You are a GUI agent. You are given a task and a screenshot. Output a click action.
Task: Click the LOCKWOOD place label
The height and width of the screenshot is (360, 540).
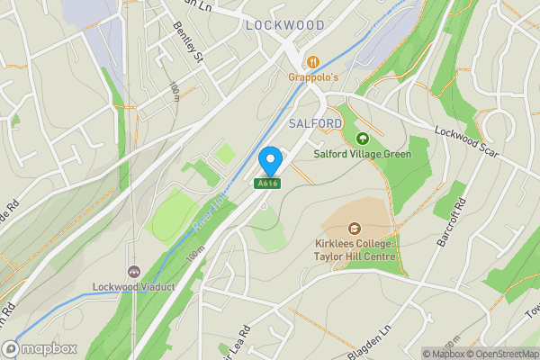(283, 26)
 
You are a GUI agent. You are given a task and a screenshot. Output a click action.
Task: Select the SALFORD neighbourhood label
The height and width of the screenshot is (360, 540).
(315, 122)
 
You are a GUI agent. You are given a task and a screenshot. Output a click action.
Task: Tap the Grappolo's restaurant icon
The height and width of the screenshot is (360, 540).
(313, 62)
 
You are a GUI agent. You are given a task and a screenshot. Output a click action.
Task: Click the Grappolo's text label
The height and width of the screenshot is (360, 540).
(313, 77)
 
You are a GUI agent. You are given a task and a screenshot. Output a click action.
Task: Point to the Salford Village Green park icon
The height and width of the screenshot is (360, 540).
(362, 139)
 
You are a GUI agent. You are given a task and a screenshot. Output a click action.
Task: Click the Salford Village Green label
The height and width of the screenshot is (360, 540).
(362, 154)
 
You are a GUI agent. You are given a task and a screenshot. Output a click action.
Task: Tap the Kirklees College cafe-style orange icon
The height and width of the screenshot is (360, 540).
(354, 229)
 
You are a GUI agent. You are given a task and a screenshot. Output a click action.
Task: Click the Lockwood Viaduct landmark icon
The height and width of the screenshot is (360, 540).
(134, 272)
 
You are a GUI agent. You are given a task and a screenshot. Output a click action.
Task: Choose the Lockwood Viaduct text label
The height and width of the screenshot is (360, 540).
(133, 288)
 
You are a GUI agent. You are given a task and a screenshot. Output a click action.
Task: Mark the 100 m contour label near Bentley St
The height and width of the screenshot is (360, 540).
(174, 93)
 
